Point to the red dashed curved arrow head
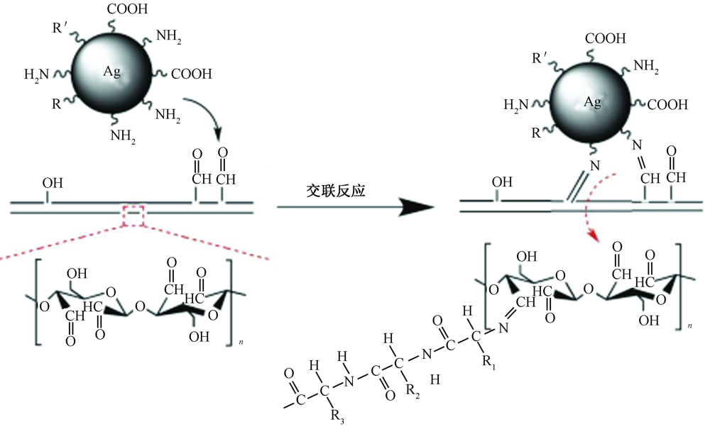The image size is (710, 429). coord(589,233)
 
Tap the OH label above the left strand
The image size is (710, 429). coord(53,184)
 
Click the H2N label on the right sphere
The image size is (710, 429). coord(517,105)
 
